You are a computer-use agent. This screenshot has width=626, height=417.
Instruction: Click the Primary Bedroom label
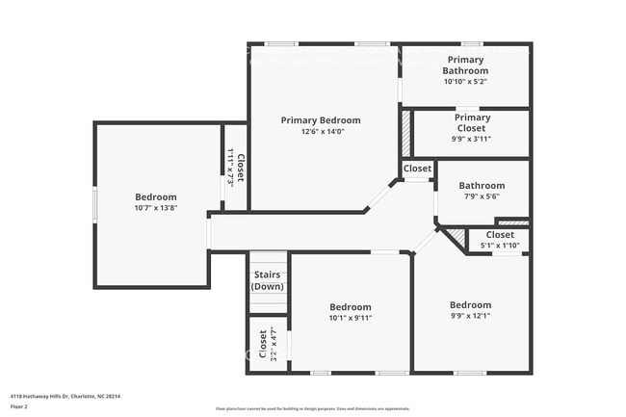pos(321,120)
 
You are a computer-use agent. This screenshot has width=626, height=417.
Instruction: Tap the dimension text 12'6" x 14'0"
pos(321,132)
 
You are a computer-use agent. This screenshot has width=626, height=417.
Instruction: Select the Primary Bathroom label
pos(465,65)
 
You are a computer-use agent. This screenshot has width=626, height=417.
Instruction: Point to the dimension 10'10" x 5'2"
pos(465,82)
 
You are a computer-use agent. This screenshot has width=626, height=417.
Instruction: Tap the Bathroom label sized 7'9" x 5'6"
pos(482,186)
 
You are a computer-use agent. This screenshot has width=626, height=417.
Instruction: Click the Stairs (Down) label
pos(267,281)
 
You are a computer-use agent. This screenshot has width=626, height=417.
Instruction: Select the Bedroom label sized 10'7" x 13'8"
pos(155,196)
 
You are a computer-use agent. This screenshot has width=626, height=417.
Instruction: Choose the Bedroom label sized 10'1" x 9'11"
pos(350,306)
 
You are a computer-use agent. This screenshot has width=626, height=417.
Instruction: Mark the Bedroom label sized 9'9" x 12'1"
pos(470,305)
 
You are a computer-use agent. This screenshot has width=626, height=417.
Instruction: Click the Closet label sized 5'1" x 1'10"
pos(500,234)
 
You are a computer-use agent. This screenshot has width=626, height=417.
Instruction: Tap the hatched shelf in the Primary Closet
pos(406,134)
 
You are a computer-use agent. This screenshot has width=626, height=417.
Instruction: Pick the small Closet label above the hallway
pos(417,169)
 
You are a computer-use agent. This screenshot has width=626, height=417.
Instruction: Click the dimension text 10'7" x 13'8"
pos(155,208)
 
